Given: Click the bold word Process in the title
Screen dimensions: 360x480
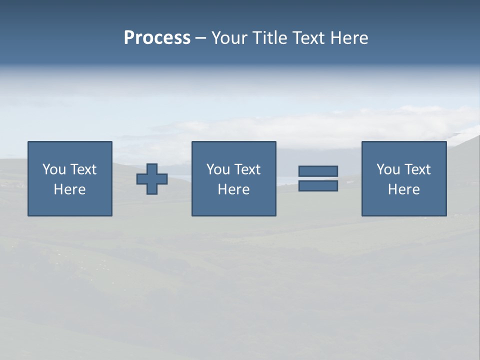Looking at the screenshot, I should pos(157,38).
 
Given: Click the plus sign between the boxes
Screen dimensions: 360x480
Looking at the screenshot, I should pos(152,179).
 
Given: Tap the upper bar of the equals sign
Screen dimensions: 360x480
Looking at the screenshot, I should pos(318,171).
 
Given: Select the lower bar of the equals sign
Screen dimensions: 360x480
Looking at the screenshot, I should pos(318,186).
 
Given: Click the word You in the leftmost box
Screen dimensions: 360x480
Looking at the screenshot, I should pos(54,169).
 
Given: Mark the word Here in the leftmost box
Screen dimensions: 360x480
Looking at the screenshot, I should pos(69,189).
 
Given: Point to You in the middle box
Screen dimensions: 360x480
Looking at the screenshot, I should pos(218,169).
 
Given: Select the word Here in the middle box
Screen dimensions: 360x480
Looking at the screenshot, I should pos(233,189).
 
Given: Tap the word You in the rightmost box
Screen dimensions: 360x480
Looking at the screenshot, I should pos(388,169).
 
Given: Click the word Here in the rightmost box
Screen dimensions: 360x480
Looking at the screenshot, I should pos(403,189).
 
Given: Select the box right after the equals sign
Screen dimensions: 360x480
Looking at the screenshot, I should pos(404,205).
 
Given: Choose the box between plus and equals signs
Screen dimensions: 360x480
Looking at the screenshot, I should pos(234,205).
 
